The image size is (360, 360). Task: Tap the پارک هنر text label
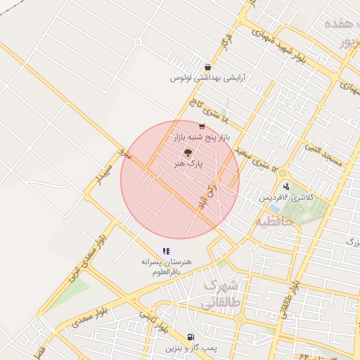tap(188, 162)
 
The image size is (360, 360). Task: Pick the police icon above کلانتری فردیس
tap(285, 186)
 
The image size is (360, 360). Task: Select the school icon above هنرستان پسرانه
tap(166, 250)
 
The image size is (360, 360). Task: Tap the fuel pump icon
tap(191, 337)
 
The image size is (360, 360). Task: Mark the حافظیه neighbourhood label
tap(269, 221)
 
